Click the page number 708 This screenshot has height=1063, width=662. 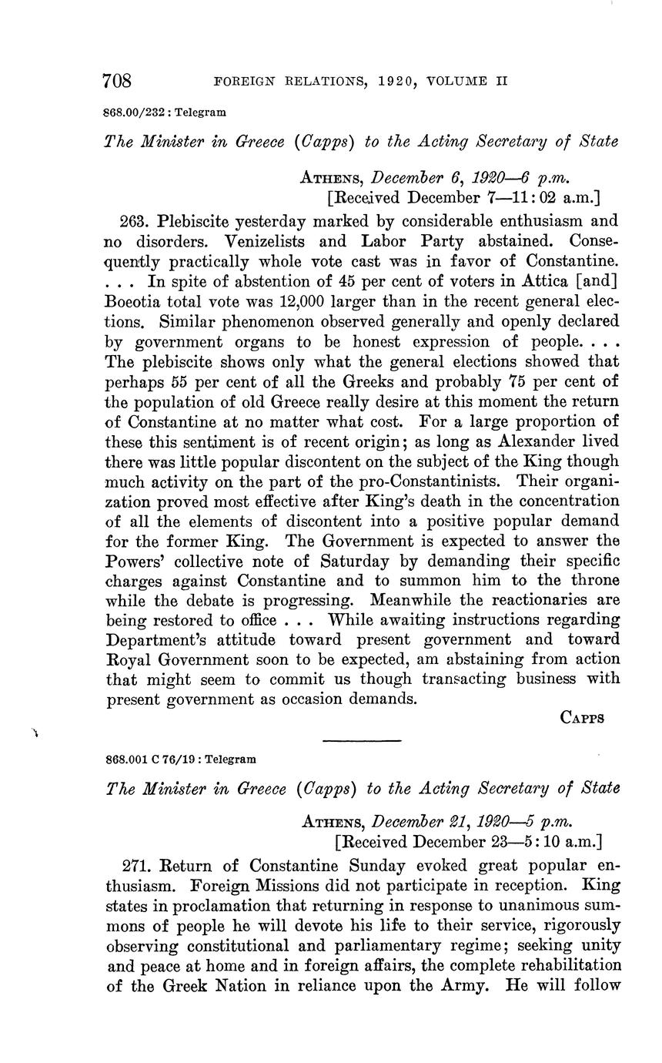(119, 80)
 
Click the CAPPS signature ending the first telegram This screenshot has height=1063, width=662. (582, 717)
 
